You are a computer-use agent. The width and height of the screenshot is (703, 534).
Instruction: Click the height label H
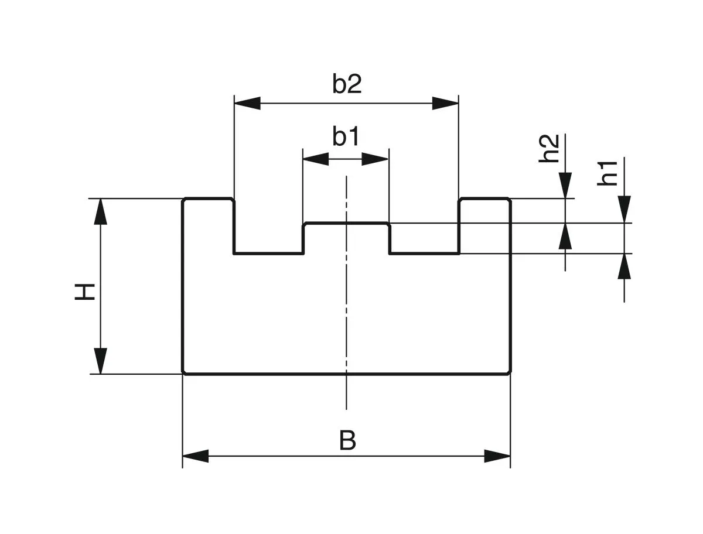(x=86, y=291)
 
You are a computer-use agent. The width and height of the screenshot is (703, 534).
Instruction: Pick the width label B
(x=347, y=440)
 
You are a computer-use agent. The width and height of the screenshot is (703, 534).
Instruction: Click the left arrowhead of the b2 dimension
(x=247, y=104)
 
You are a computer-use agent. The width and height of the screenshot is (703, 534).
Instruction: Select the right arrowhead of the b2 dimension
(x=445, y=104)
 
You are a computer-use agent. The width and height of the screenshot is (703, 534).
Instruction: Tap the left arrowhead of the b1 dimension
(x=315, y=159)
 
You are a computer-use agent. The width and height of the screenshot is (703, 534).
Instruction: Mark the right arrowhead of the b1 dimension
(x=376, y=159)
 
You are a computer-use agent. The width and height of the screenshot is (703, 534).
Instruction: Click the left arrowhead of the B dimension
(x=196, y=456)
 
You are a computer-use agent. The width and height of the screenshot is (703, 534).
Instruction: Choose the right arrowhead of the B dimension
(x=497, y=456)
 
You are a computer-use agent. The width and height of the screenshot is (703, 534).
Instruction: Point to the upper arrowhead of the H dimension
(x=101, y=211)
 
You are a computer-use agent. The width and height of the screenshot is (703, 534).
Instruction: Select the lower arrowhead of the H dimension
(x=101, y=361)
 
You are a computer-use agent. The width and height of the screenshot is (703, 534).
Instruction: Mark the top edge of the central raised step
(x=346, y=223)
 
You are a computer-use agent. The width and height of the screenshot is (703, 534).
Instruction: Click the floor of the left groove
(x=268, y=254)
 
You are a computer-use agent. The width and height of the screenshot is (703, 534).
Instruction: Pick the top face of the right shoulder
(x=484, y=199)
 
